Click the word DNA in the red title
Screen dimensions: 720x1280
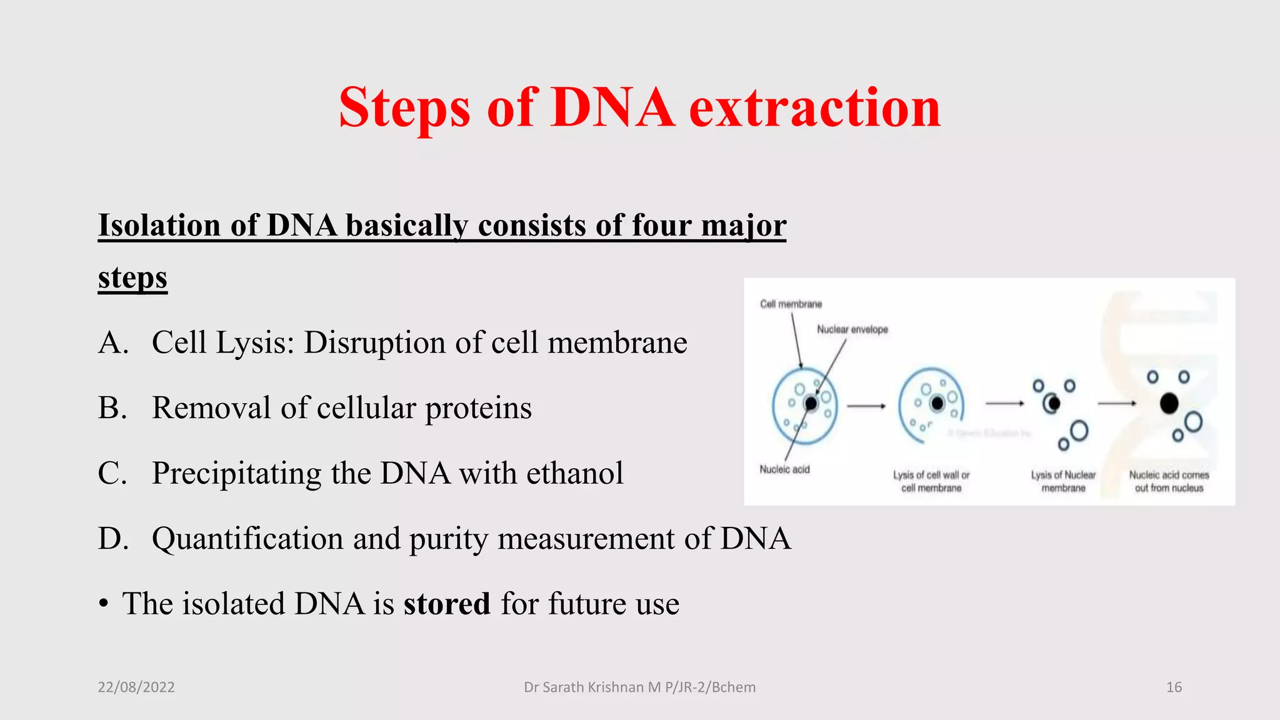click(x=612, y=107)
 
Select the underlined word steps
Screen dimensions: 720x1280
click(x=132, y=277)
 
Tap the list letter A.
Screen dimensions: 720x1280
click(x=112, y=342)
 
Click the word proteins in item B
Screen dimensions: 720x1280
click(x=478, y=408)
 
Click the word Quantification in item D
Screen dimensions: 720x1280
click(x=247, y=539)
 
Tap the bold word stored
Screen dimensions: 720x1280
click(x=446, y=604)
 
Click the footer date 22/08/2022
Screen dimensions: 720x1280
click(x=136, y=687)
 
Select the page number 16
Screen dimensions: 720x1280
click(x=1174, y=687)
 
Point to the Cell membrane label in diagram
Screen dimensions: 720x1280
click(x=791, y=304)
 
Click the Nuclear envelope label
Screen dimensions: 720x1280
click(x=852, y=329)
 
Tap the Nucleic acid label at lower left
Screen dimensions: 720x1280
click(x=784, y=469)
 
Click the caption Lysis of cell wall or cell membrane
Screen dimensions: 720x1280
click(x=931, y=481)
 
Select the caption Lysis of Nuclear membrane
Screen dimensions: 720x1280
click(x=1063, y=481)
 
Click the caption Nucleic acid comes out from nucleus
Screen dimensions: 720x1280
click(x=1169, y=481)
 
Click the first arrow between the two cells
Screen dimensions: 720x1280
click(x=866, y=406)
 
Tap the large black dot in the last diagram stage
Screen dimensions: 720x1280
click(x=1169, y=404)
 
